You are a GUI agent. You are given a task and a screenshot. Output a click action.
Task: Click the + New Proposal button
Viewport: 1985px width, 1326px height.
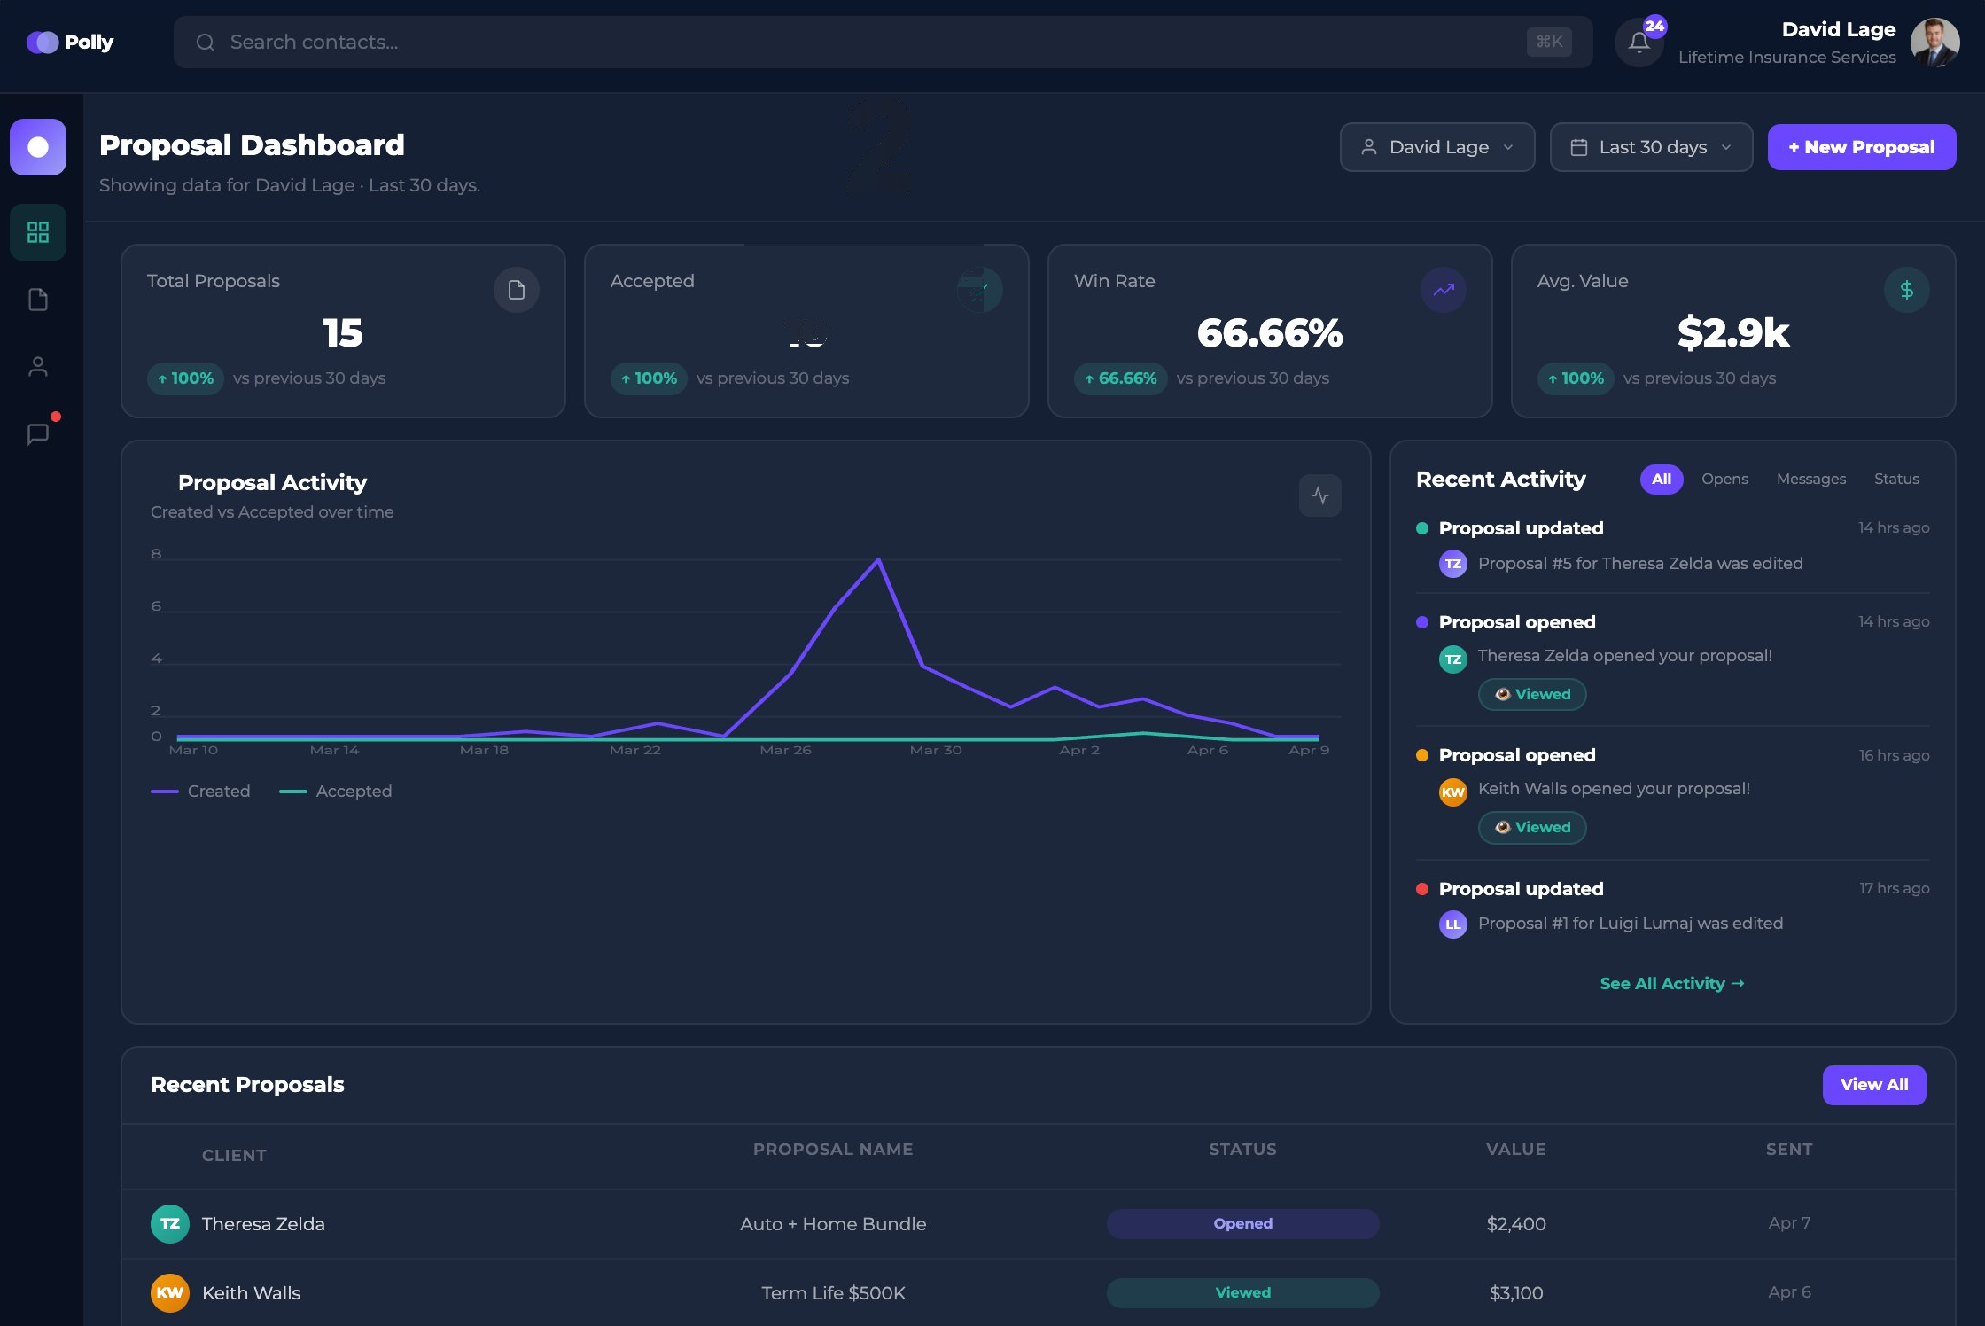click(x=1861, y=147)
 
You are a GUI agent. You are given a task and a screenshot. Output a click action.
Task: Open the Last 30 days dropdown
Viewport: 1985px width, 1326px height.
click(x=1650, y=147)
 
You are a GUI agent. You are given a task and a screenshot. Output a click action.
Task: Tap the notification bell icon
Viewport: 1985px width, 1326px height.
click(x=1639, y=43)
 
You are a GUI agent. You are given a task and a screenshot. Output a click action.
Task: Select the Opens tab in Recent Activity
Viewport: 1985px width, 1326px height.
click(x=1724, y=479)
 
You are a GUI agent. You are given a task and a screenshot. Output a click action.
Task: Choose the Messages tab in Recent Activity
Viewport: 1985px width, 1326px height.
click(x=1810, y=479)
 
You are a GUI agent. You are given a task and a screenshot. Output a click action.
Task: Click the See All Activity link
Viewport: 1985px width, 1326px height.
click(x=1671, y=983)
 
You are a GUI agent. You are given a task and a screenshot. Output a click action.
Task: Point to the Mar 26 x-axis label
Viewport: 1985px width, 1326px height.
click(x=785, y=750)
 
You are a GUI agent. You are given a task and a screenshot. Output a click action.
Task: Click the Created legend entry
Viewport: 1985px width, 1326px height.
click(x=201, y=791)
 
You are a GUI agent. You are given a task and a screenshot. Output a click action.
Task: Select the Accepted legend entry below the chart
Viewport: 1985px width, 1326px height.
click(x=336, y=791)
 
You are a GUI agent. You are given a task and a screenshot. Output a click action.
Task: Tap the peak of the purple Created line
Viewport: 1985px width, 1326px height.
click(x=878, y=560)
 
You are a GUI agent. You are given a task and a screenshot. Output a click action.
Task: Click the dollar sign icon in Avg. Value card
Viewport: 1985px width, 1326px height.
click(x=1906, y=290)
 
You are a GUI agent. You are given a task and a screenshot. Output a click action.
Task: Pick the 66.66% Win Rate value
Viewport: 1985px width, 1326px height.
click(x=1269, y=333)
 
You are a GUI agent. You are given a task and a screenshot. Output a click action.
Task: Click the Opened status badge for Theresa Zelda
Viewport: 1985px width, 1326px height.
click(x=1242, y=1223)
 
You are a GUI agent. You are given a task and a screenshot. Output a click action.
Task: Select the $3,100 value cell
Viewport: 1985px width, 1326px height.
click(x=1515, y=1292)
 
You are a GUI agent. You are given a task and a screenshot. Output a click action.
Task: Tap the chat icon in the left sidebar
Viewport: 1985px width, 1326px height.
click(x=38, y=434)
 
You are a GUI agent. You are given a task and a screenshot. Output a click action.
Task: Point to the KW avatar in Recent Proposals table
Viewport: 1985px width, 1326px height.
click(x=169, y=1292)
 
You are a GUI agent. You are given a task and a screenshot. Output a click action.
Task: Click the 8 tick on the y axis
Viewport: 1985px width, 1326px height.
click(x=156, y=554)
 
